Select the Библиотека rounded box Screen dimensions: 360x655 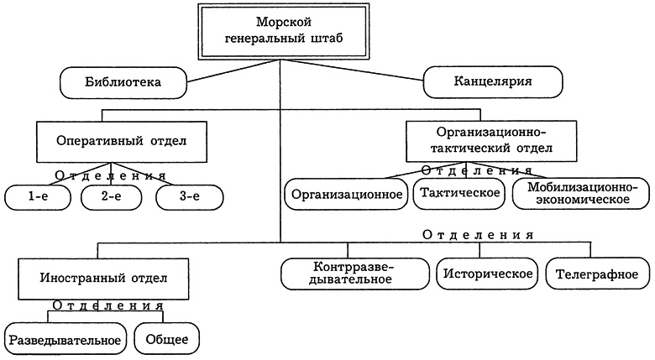pyautogui.click(x=123, y=82)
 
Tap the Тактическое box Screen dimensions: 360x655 pyautogui.click(x=458, y=193)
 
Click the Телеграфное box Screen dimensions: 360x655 pyautogui.click(x=597, y=273)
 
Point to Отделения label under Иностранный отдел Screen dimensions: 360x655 pyautogui.click(x=107, y=305)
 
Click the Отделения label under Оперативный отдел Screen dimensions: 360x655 pyautogui.click(x=110, y=175)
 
